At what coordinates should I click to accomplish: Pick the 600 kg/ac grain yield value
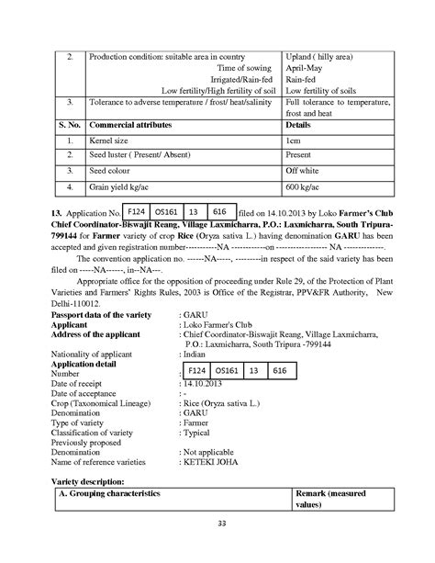pyautogui.click(x=305, y=187)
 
